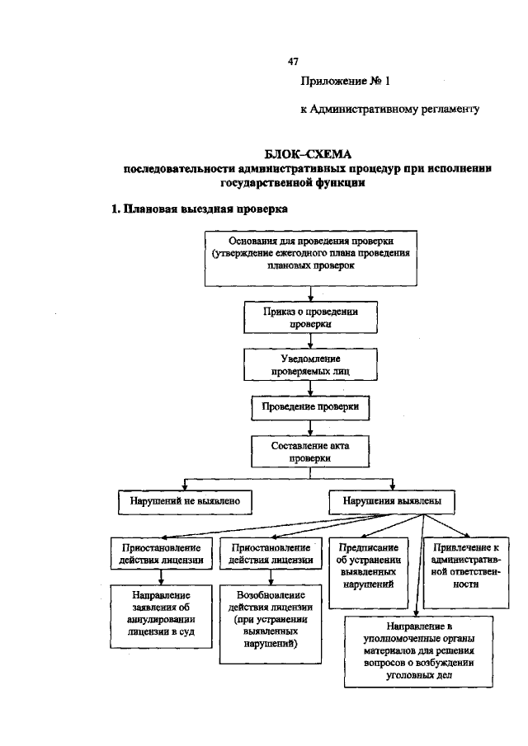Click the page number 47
coord(293,62)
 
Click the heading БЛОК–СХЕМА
coord(307,154)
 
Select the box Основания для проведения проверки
coord(309,257)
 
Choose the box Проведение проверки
coord(309,408)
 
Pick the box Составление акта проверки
coord(309,452)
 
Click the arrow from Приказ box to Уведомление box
coord(309,342)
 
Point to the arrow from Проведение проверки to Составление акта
coord(309,427)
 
